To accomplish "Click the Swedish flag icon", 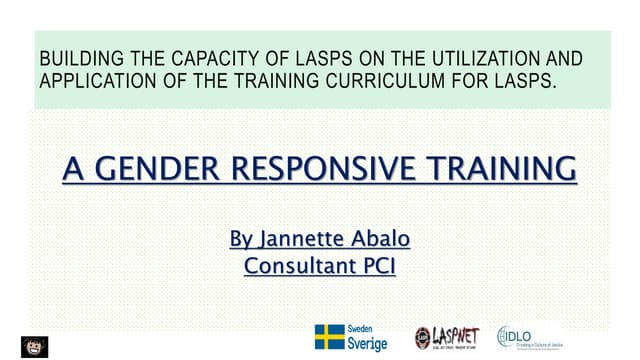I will point(329,337).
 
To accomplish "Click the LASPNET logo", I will point(450,337).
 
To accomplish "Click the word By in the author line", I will point(242,240).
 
